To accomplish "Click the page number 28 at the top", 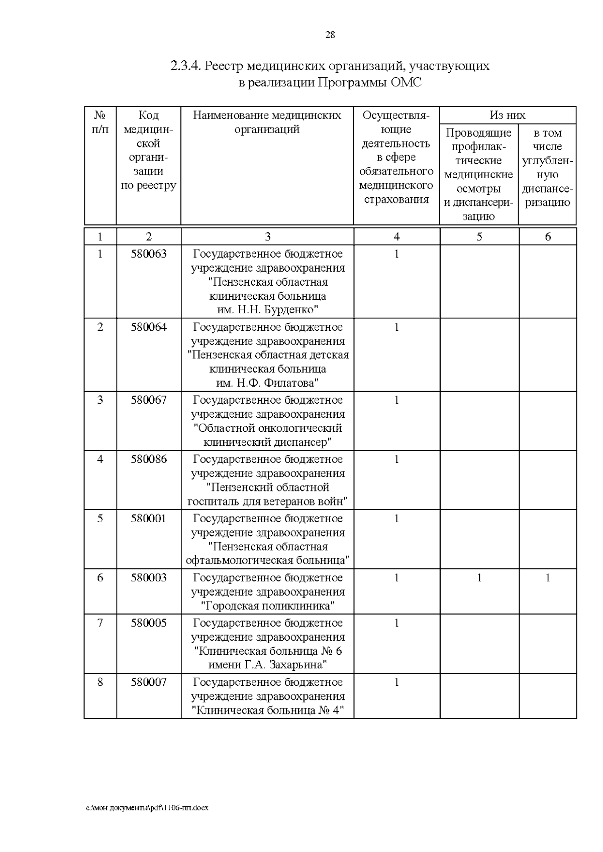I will [x=330, y=35].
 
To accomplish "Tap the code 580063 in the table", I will [x=149, y=254].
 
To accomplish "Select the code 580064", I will [x=149, y=327].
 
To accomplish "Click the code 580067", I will [x=149, y=400].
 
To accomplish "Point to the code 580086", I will [x=149, y=459].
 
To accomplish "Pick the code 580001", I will [x=149, y=518].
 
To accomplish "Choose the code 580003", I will [x=149, y=577].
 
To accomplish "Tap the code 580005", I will [x=149, y=623].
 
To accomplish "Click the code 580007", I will [x=149, y=682].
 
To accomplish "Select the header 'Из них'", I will [x=508, y=115].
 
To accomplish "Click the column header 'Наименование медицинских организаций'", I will [x=267, y=122].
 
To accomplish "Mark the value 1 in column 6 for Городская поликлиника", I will [x=548, y=577].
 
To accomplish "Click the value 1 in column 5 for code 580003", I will [x=479, y=577].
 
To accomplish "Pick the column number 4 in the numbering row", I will [x=396, y=236].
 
